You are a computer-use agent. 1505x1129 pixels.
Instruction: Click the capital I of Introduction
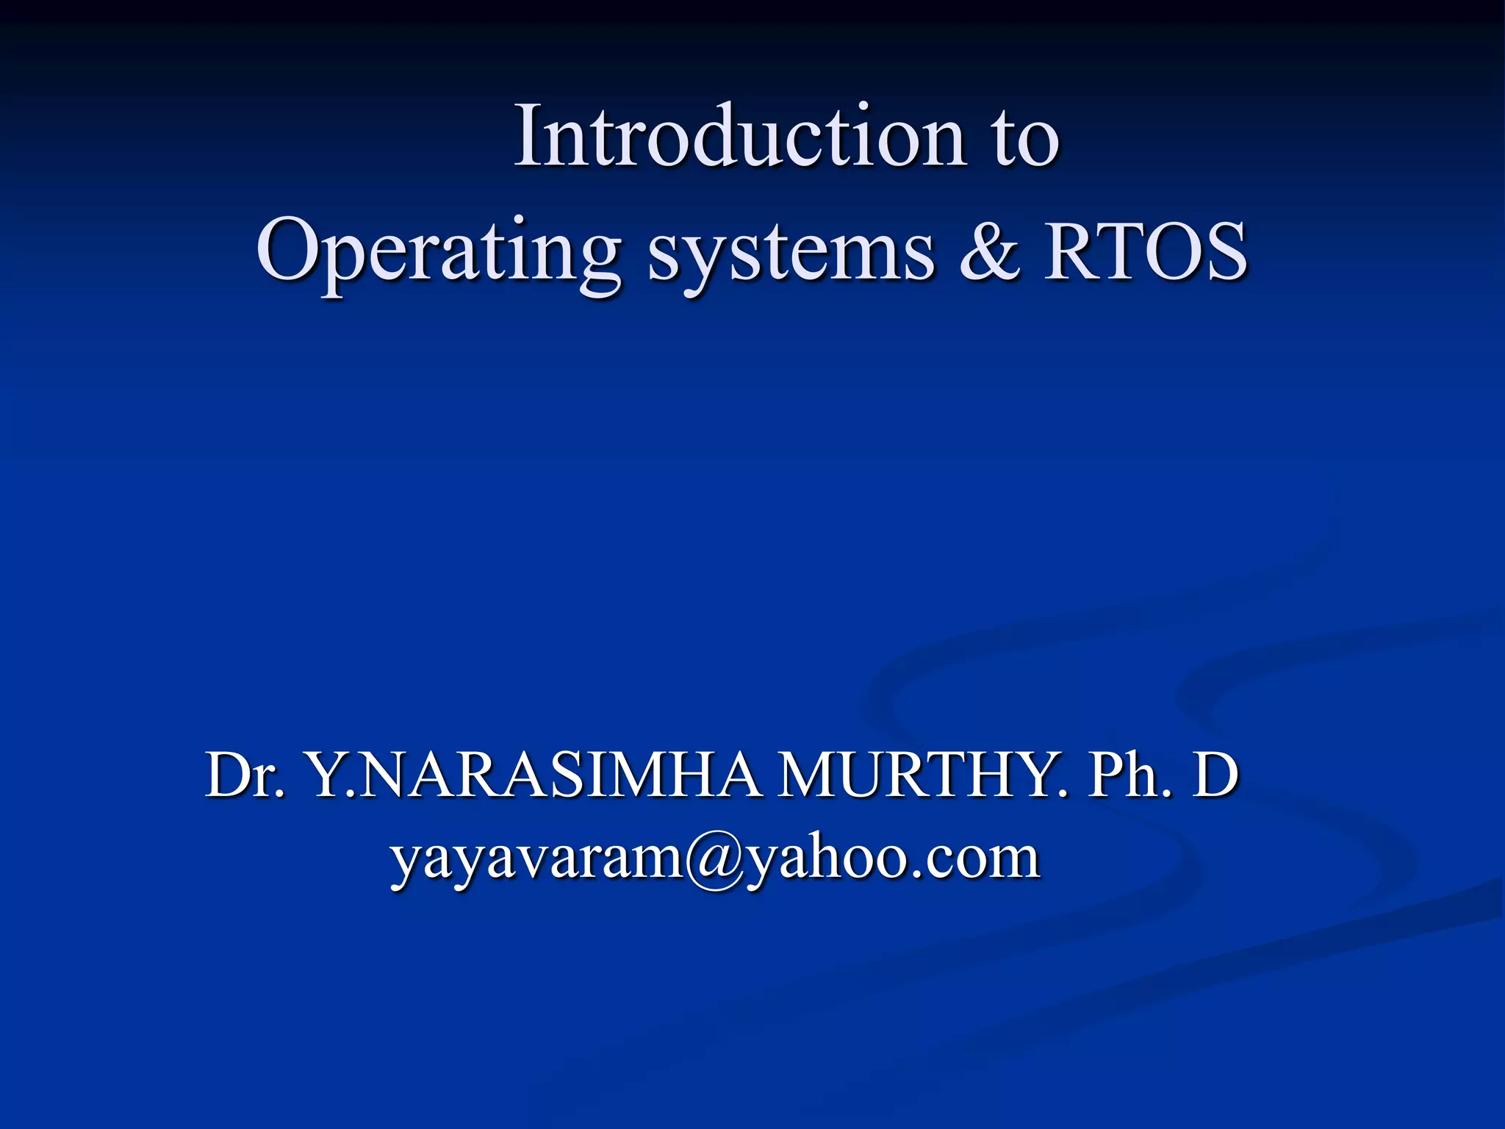(528, 137)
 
